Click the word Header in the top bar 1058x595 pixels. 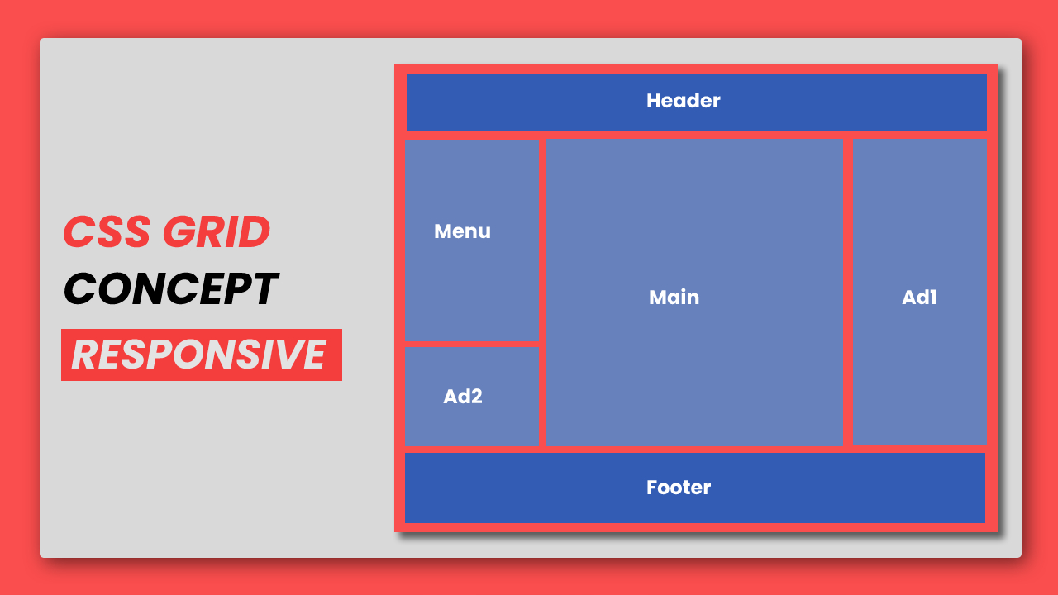[683, 101]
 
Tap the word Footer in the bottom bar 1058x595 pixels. [678, 488]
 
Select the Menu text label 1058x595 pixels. [462, 231]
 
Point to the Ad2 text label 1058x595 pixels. [462, 397]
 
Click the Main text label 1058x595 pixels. [674, 297]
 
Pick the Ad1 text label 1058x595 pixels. [919, 297]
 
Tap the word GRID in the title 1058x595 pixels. [217, 232]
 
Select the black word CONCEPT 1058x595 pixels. [170, 289]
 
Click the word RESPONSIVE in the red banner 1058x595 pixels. [199, 355]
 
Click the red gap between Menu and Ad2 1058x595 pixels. [471, 343]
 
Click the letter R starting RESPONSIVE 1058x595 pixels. [83, 355]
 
